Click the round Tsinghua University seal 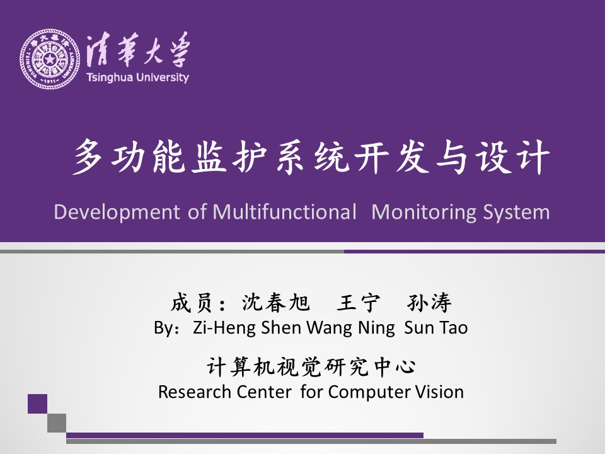coord(49,59)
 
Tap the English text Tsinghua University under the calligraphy coord(138,77)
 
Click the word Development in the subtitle coord(117,212)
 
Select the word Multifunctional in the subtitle coord(284,212)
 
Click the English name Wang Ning coord(351,328)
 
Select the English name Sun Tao coord(436,327)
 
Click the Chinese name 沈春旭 coord(276,302)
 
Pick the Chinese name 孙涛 coord(429,302)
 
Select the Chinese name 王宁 coord(358,302)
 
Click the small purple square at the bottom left coord(37,404)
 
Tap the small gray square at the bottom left coord(57,423)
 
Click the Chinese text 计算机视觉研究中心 coord(311,367)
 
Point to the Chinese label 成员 coord(192,302)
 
